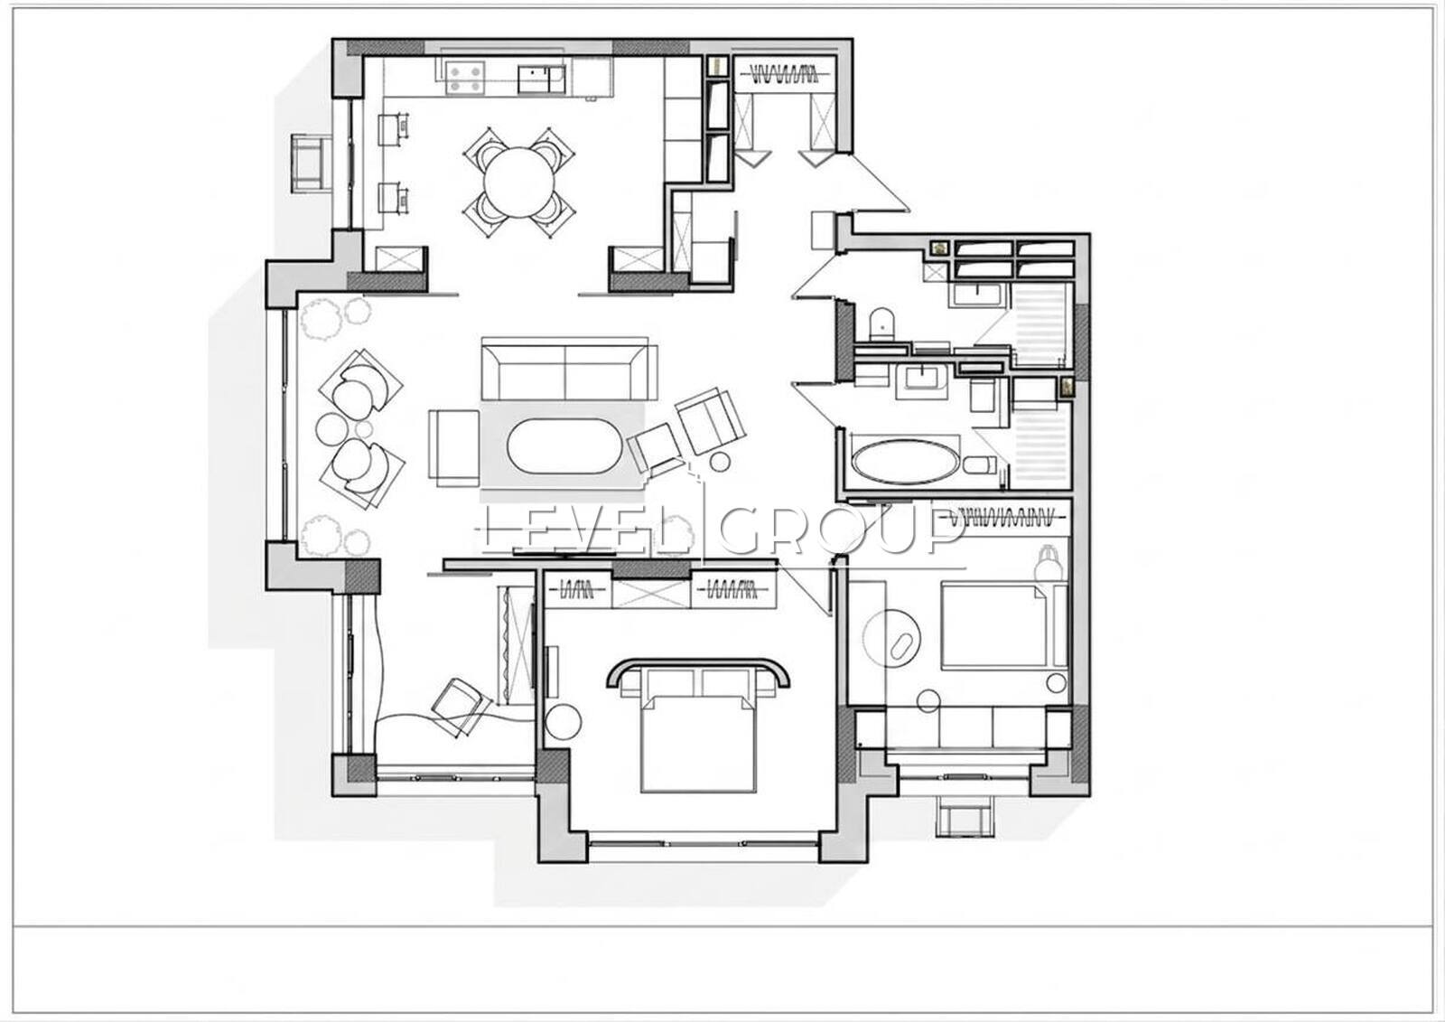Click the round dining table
[x=519, y=183]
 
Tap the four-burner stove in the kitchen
[x=464, y=77]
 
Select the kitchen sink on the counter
[x=541, y=80]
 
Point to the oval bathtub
[x=904, y=461]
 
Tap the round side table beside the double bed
[x=564, y=721]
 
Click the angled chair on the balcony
[x=461, y=708]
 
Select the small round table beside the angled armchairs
[x=720, y=462]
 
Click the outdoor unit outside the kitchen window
[x=311, y=162]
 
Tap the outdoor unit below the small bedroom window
[x=965, y=817]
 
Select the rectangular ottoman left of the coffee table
[x=454, y=445]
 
